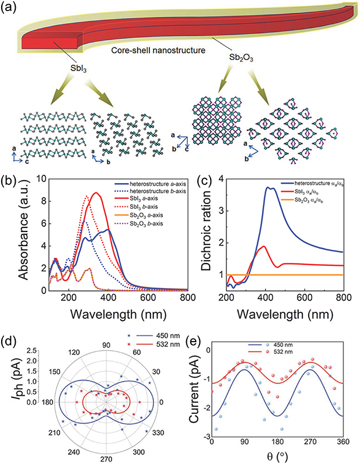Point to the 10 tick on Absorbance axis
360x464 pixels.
tap(43, 180)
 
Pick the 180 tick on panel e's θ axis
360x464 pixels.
tap(279, 441)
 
